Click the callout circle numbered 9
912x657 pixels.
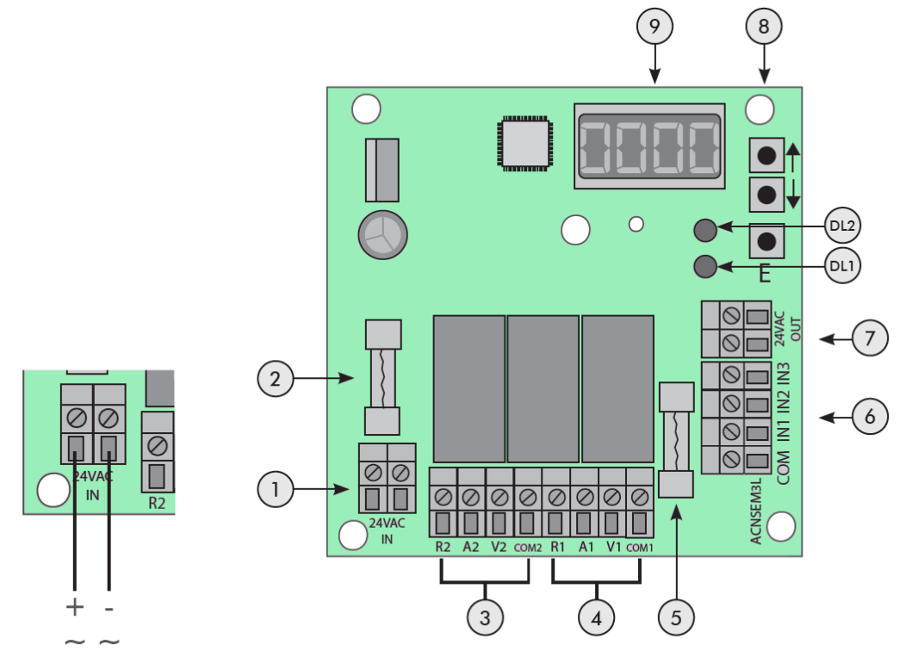click(x=655, y=28)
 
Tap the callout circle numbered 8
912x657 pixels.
click(x=764, y=28)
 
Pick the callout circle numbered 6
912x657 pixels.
click(x=872, y=418)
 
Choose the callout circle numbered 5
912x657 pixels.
click(x=676, y=617)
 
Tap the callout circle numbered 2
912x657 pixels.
click(x=276, y=377)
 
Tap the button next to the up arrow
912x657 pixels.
click(x=766, y=156)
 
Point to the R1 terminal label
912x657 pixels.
click(x=556, y=546)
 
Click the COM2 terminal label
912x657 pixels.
click(x=528, y=546)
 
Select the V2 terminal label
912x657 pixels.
click(x=499, y=546)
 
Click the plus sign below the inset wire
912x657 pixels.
click(x=75, y=607)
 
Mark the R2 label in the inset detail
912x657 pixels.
click(x=156, y=502)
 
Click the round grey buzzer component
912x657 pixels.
click(x=382, y=233)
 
